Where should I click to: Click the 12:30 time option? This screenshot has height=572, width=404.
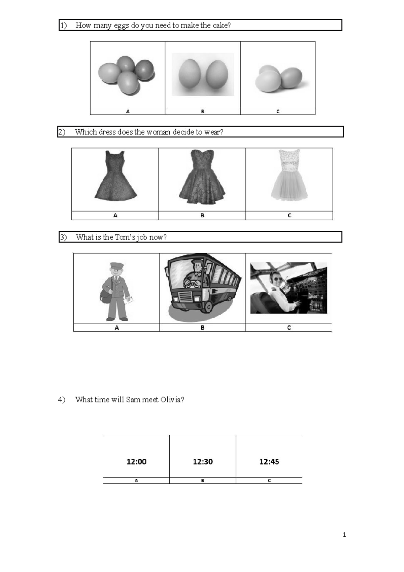click(203, 462)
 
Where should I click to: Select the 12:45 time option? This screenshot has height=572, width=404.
click(269, 462)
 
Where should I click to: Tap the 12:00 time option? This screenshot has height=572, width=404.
click(136, 462)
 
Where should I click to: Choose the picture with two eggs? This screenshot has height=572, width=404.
click(203, 74)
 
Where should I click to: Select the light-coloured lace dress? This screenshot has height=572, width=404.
click(289, 176)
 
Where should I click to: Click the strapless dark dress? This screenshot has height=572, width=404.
click(202, 177)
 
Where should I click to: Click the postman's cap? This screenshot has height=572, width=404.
click(116, 266)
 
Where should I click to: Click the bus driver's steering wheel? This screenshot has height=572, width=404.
click(191, 284)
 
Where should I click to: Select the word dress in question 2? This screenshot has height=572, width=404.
click(107, 132)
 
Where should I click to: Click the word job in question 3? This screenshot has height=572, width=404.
click(142, 237)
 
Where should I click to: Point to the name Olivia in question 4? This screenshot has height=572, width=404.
click(172, 400)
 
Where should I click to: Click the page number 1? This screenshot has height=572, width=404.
click(344, 535)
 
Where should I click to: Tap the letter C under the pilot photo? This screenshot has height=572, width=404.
click(289, 327)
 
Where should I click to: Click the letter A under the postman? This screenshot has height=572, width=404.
click(116, 327)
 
